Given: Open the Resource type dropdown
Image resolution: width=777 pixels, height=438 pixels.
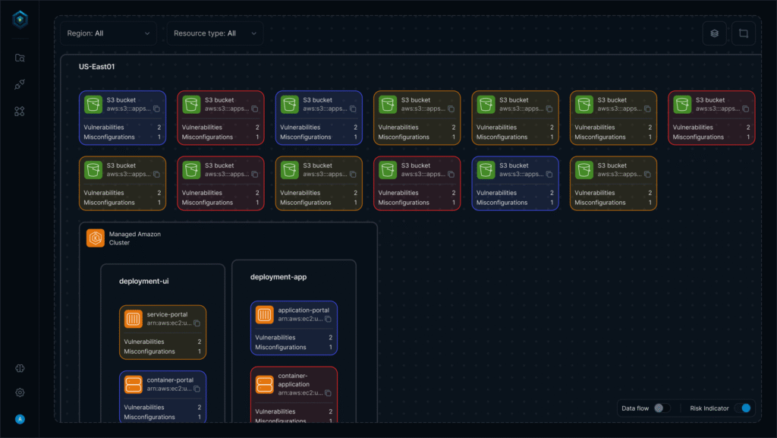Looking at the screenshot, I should coord(215,33).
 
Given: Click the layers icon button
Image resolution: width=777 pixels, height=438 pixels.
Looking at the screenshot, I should coord(714,33).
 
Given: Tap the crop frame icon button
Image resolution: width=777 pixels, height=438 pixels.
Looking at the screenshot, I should coord(744,33).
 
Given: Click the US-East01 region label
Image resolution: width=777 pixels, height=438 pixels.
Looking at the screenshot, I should coord(96,67).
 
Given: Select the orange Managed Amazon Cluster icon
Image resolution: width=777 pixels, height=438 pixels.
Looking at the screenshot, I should coord(96,238).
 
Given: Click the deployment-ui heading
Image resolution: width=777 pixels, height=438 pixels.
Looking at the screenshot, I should coord(143,281).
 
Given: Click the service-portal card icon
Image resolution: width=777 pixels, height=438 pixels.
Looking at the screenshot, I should coord(134,319).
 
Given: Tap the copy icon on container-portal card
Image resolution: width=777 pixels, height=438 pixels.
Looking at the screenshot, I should coord(197,389).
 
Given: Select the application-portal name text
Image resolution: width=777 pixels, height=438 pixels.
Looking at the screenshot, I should coord(304,310).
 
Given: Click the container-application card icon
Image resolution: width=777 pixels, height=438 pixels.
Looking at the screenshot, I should coord(264,384).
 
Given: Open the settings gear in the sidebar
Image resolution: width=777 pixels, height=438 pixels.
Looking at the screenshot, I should coord(20,392).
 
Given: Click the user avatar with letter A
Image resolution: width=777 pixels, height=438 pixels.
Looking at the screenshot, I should coord(20,419).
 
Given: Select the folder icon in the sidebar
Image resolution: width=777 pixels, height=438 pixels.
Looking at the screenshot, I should coord(20,58).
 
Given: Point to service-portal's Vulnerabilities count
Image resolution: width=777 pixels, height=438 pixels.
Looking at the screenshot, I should coord(200,342).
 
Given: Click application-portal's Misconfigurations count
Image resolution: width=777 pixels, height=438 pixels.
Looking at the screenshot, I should coord(331,347).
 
